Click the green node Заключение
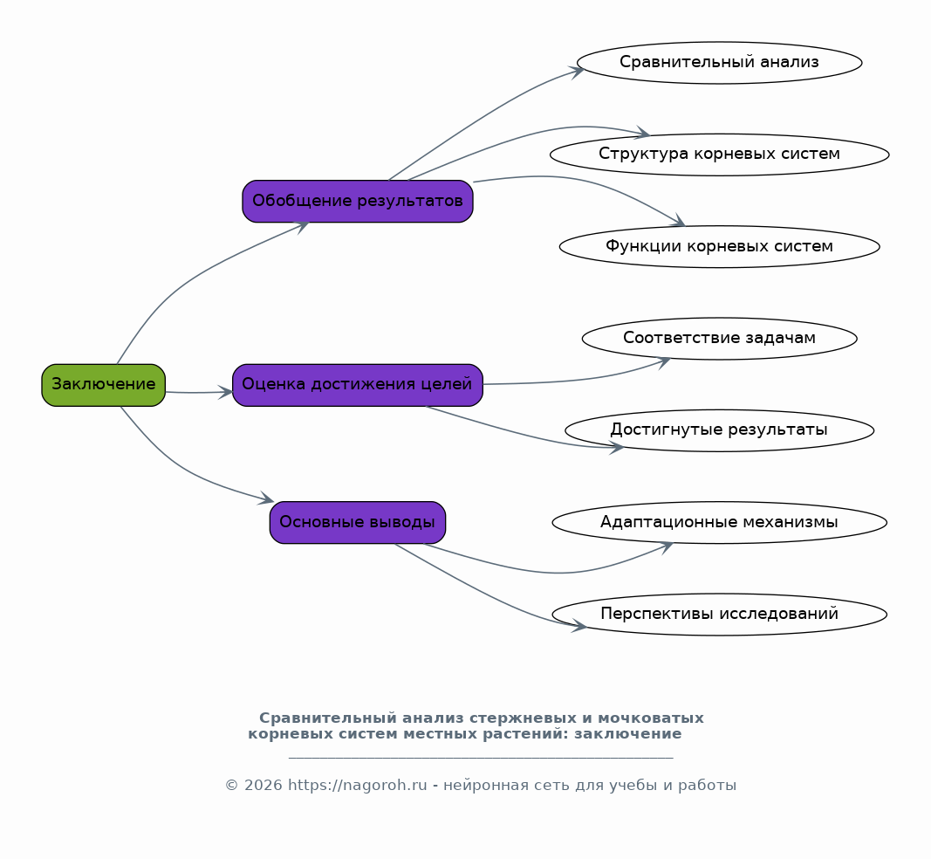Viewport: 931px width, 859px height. click(103, 385)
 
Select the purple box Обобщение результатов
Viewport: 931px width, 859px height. click(358, 202)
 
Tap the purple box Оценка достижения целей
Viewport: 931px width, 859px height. click(358, 385)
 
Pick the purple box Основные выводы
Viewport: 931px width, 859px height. click(358, 522)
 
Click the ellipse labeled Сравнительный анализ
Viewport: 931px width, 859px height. click(720, 62)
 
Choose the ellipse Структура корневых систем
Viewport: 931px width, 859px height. click(720, 155)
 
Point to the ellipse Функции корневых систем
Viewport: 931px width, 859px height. click(720, 246)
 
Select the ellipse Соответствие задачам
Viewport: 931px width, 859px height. click(720, 339)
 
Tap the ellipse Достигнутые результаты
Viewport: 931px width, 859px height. click(720, 430)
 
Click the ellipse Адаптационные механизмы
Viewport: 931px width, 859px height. click(720, 522)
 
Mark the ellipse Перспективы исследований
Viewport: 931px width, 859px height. click(720, 615)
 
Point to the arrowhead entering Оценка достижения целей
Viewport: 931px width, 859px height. click(226, 392)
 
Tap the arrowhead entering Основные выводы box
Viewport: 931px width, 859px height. click(267, 498)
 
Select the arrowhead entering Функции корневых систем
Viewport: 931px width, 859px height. click(678, 220)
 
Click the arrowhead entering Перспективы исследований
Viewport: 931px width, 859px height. click(578, 626)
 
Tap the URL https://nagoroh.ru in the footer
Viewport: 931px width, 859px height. click(358, 786)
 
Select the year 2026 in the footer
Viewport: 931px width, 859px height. click(263, 786)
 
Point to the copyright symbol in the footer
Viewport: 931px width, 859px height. click(231, 786)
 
